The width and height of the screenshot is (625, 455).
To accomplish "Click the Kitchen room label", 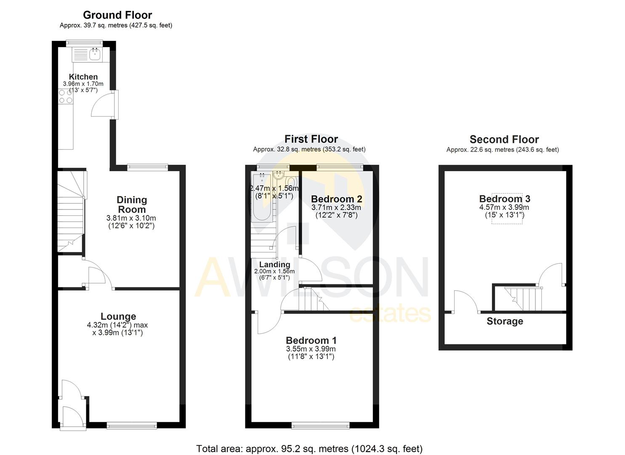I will (x=83, y=77).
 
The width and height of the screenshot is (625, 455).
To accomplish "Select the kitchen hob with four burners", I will (x=65, y=97).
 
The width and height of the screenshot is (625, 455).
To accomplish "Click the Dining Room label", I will (x=131, y=205).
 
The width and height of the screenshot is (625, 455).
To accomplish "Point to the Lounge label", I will (x=118, y=316).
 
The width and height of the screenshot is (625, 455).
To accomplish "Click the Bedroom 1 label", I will (x=311, y=340).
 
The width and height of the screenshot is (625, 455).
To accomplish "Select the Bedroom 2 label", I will (x=336, y=199).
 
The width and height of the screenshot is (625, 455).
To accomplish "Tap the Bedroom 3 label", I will (x=504, y=199).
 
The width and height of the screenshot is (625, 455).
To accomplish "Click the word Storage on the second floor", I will (x=505, y=321).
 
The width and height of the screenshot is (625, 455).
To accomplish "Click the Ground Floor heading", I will (x=117, y=15).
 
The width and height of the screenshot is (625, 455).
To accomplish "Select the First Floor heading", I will (x=311, y=139).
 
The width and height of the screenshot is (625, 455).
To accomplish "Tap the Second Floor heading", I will (x=504, y=139).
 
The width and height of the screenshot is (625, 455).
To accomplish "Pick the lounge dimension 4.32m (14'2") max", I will (x=117, y=325).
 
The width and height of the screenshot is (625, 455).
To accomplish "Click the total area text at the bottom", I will (x=309, y=449).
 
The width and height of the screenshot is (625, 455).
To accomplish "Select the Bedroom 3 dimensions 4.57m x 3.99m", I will (x=504, y=207).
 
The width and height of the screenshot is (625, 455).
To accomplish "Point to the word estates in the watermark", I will (x=390, y=314).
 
